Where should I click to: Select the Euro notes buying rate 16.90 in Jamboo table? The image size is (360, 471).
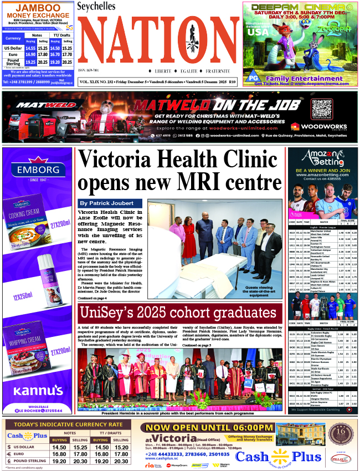point(30,55)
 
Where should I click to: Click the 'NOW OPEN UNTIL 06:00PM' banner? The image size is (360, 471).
point(207,427)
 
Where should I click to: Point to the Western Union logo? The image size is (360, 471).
point(223,465)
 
